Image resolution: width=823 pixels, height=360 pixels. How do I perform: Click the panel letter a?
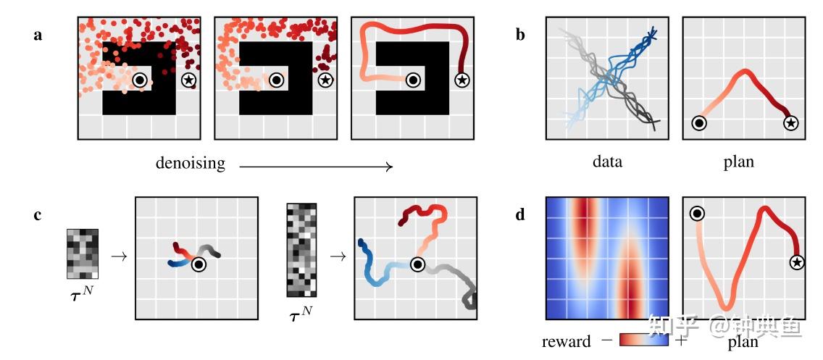pyautogui.click(x=38, y=34)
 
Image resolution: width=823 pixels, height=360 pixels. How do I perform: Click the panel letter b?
pyautogui.click(x=520, y=34)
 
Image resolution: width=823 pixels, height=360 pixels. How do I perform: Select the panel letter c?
pyautogui.click(x=38, y=214)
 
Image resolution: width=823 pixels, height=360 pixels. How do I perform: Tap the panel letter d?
pyautogui.click(x=520, y=214)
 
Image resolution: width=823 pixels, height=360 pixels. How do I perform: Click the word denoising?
pyautogui.click(x=190, y=164)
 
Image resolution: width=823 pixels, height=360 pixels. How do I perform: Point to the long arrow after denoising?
pyautogui.click(x=316, y=167)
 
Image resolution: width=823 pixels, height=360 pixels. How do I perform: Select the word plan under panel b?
pyautogui.click(x=738, y=162)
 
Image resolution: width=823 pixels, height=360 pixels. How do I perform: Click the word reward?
pyautogui.click(x=566, y=341)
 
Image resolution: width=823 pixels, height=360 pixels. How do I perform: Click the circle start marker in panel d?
pyautogui.click(x=697, y=213)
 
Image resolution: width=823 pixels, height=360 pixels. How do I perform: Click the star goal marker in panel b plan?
pyautogui.click(x=791, y=123)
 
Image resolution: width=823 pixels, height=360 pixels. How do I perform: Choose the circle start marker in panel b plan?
pyautogui.click(x=698, y=123)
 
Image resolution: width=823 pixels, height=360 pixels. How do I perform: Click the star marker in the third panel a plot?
pyautogui.click(x=461, y=80)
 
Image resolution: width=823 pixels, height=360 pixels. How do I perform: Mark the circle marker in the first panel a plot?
pyautogui.click(x=140, y=80)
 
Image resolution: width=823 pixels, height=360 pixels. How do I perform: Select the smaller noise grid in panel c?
pyautogui.click(x=82, y=254)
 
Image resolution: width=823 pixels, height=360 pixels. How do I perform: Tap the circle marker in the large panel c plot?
pyautogui.click(x=417, y=264)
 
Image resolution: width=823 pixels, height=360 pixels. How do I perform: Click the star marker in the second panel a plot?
pyautogui.click(x=325, y=80)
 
